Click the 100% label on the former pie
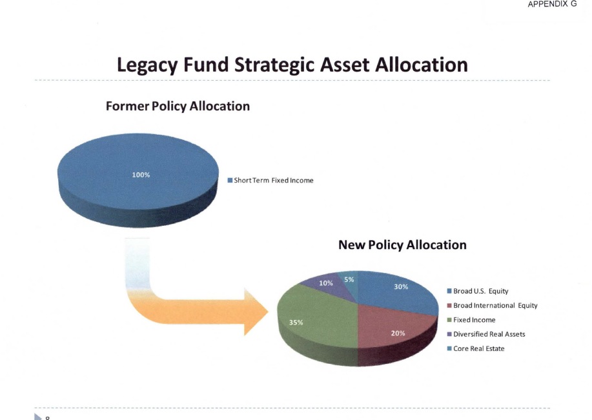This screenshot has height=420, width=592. click(x=141, y=175)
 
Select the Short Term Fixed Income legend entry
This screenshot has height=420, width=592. click(x=270, y=181)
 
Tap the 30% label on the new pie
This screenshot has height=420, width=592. click(x=401, y=287)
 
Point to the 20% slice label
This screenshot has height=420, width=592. click(x=398, y=333)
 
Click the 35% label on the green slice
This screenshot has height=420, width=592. click(x=296, y=323)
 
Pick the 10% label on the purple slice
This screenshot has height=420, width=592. click(x=326, y=283)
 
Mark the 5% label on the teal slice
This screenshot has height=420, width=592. click(x=349, y=279)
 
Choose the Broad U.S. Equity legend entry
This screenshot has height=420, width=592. click(x=478, y=291)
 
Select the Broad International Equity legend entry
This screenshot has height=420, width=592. click(x=493, y=305)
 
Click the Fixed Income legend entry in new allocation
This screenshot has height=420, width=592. click(x=471, y=319)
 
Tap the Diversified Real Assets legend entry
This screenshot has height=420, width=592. click(x=486, y=334)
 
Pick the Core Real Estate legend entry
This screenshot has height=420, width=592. click(x=476, y=348)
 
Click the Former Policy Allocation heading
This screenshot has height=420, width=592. click(x=178, y=106)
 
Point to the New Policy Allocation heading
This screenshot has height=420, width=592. click(x=402, y=245)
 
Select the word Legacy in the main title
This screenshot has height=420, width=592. click(x=147, y=65)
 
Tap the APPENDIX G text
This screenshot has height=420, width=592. click(x=553, y=4)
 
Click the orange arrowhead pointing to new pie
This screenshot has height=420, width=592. click(x=255, y=312)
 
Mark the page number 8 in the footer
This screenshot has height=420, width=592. click(x=48, y=417)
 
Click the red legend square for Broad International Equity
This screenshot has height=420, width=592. click(x=449, y=305)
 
